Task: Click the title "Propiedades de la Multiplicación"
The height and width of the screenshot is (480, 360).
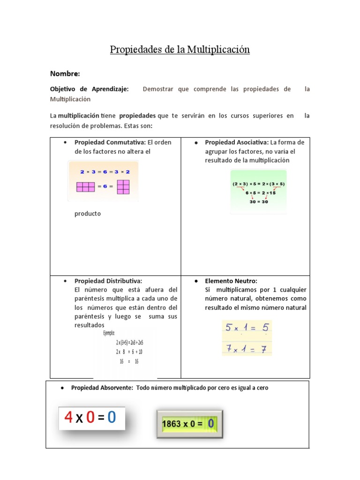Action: (180, 50)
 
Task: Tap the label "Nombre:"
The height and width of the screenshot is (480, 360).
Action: (65, 74)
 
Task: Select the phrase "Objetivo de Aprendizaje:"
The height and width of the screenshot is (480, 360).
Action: (89, 89)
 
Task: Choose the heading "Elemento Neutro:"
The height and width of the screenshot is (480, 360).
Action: (231, 281)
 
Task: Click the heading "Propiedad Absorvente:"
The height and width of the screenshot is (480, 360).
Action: (102, 388)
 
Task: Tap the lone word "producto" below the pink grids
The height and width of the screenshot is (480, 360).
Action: (88, 214)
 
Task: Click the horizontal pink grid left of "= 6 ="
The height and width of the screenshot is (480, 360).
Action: (86, 187)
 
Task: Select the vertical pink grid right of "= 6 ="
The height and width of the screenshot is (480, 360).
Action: (123, 187)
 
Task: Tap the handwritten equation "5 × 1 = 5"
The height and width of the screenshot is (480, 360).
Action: (247, 328)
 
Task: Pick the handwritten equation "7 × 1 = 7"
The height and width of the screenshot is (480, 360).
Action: (247, 348)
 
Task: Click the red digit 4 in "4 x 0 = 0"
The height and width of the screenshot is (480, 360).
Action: (68, 417)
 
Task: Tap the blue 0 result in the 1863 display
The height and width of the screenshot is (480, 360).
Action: (211, 424)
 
